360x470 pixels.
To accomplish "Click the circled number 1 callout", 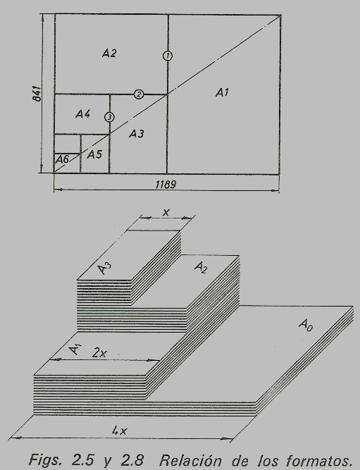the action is [168, 56].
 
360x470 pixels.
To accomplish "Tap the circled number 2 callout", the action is [139, 94].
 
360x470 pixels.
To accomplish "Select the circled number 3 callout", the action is [109, 117].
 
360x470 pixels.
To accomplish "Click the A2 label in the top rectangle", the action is [109, 54].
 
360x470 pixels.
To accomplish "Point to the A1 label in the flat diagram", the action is [222, 92].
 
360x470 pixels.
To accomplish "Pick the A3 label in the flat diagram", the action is [137, 133].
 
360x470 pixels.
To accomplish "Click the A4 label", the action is [82, 114].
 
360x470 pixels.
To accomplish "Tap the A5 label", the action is [94, 154].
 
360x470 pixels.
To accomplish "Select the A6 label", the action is [62, 159].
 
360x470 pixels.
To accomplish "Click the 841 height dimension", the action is [37, 94].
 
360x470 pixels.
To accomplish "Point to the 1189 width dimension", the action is [166, 185].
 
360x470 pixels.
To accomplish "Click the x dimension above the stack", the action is [166, 213].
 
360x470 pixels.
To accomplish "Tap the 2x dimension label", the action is [99, 353].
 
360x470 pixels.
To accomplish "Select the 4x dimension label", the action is [120, 431].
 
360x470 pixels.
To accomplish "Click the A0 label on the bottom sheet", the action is [306, 326].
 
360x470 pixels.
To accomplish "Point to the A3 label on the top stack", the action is [104, 268].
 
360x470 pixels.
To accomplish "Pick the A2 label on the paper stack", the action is [201, 267].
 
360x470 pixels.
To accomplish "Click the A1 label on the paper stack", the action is [75, 350].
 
